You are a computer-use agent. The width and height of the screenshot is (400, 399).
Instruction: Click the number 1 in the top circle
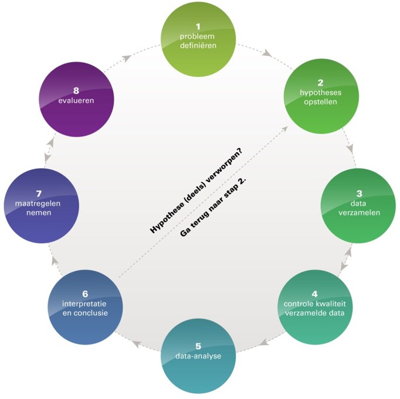[x=198, y=26]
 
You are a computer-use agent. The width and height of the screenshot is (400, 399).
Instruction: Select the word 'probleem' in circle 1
[x=197, y=37]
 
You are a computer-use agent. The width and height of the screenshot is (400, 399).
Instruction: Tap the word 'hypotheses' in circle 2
[x=320, y=93]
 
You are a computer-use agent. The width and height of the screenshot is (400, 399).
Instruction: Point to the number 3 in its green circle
[x=359, y=193]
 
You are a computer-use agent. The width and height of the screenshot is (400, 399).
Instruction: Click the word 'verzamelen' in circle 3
[x=359, y=213]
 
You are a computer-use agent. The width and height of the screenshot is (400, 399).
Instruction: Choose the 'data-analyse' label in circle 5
[x=198, y=356]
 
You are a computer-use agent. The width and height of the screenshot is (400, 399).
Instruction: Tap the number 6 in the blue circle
[x=85, y=294]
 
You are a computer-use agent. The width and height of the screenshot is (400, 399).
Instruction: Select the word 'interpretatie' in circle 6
[x=84, y=304]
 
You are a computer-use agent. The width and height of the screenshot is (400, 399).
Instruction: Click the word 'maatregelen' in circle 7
[x=38, y=203]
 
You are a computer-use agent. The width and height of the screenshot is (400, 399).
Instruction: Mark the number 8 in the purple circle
[x=76, y=90]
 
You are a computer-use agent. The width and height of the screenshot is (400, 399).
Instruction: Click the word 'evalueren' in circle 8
[x=76, y=101]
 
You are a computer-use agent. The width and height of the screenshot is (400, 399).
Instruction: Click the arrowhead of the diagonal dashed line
[x=284, y=129]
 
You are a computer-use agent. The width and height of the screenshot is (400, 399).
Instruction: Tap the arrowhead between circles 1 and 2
[x=267, y=53]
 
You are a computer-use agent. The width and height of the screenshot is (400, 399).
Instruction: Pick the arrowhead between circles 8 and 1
[x=127, y=59]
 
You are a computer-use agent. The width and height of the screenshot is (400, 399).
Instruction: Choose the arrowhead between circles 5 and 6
[x=137, y=344]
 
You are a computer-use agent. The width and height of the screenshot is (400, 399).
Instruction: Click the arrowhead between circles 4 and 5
[x=264, y=342]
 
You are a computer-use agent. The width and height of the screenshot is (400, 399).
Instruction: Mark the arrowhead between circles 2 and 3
[x=351, y=148]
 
